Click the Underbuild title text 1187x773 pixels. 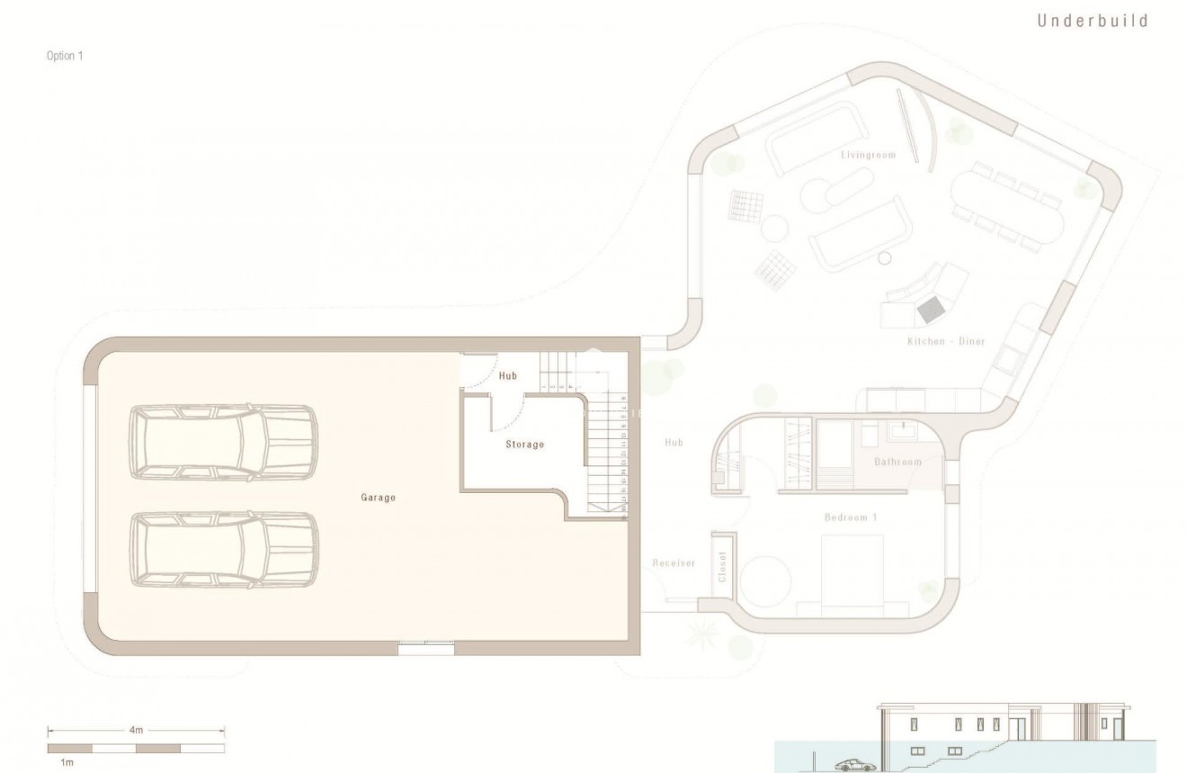click(1093, 21)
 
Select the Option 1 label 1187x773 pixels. click(65, 56)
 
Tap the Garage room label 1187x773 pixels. click(379, 497)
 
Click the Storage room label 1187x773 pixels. click(524, 445)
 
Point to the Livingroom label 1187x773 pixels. click(869, 155)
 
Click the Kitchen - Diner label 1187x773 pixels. click(945, 342)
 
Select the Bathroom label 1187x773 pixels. click(898, 463)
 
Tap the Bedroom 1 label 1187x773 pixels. click(851, 517)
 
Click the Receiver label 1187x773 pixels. click(674, 563)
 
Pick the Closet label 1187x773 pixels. click(722, 565)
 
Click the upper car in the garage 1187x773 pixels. click(223, 441)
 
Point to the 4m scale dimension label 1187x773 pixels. click(136, 731)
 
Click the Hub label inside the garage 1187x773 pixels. click(508, 376)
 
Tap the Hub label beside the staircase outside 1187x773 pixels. click(674, 443)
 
